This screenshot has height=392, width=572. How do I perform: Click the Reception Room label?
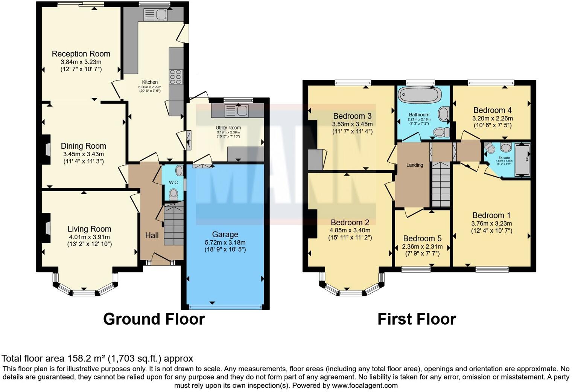pyautogui.click(x=81, y=54)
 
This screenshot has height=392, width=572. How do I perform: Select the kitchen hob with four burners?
pyautogui.click(x=176, y=77)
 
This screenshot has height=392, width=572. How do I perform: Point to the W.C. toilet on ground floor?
pyautogui.click(x=173, y=194)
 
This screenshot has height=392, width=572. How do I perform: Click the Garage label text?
pyautogui.click(x=225, y=234)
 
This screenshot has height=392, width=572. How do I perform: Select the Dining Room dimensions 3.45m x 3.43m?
pyautogui.click(x=84, y=154)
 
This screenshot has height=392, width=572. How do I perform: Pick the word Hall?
pyautogui.click(x=152, y=235)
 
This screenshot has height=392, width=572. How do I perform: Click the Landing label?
pyautogui.click(x=415, y=165)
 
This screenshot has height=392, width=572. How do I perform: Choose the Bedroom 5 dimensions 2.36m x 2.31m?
pyautogui.click(x=422, y=247)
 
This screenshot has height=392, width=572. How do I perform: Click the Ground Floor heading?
pyautogui.click(x=154, y=319)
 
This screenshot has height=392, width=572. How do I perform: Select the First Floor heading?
pyautogui.click(x=417, y=319)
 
